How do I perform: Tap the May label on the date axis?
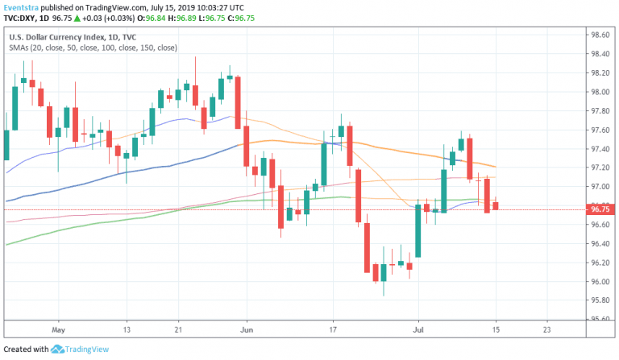pos(56,329)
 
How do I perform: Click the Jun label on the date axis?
pos(247,329)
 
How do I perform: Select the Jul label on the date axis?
pos(418,329)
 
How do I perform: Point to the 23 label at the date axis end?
pos(547,329)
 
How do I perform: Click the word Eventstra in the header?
pos(22,6)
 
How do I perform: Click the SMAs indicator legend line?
pos(93,48)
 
